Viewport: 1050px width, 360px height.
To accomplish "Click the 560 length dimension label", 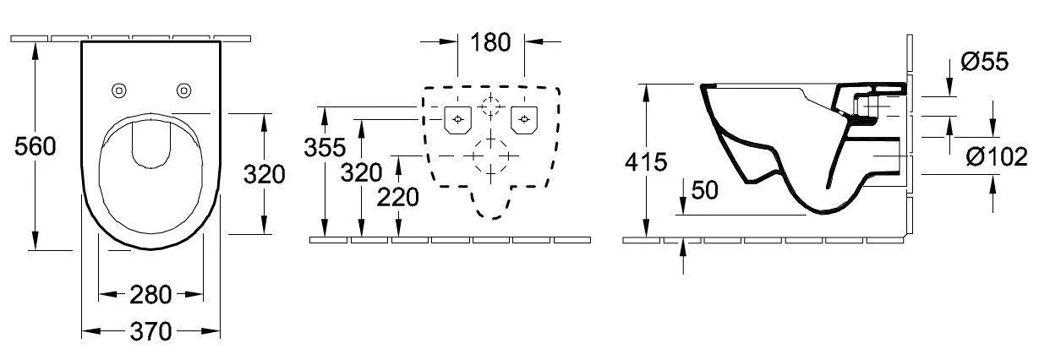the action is [36, 146].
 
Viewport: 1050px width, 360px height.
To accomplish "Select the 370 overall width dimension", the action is [151, 331].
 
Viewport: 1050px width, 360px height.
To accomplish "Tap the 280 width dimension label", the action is [150, 295].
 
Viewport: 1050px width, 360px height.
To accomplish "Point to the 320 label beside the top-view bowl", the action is [265, 174].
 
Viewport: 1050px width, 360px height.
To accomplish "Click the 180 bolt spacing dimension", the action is [490, 42].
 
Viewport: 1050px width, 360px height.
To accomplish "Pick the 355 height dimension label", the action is [325, 148].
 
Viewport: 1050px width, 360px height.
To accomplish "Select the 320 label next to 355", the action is [361, 172].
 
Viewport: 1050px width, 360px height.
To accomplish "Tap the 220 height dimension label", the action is [398, 198].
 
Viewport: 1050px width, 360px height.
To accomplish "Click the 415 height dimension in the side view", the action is [646, 162].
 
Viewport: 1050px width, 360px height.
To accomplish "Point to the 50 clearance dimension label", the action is [704, 190].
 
